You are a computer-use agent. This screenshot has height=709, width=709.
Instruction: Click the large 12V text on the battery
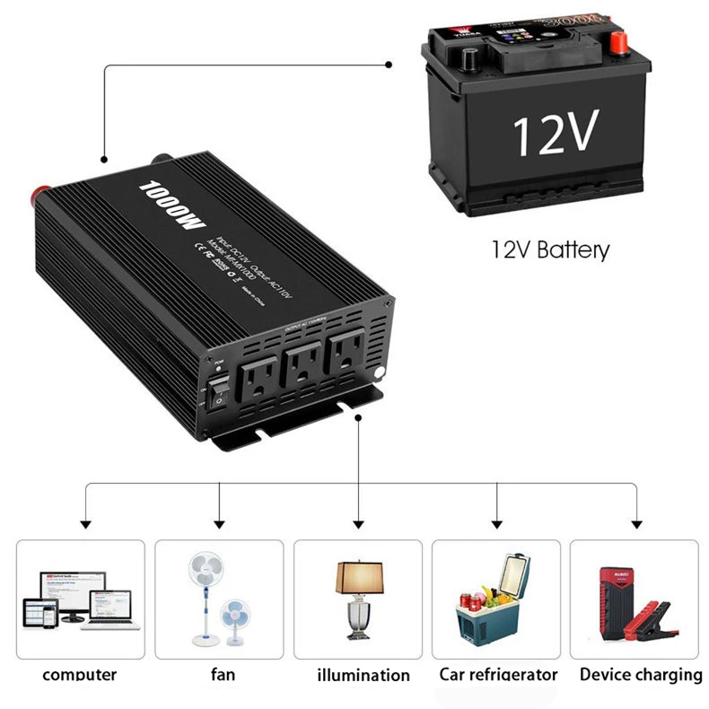(x=555, y=134)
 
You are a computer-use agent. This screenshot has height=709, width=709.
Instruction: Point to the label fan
(x=222, y=674)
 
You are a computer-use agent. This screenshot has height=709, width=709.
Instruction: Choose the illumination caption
(x=363, y=675)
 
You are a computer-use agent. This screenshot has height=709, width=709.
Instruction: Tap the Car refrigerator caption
(x=498, y=674)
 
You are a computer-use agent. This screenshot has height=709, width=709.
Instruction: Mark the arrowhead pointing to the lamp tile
(x=359, y=524)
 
